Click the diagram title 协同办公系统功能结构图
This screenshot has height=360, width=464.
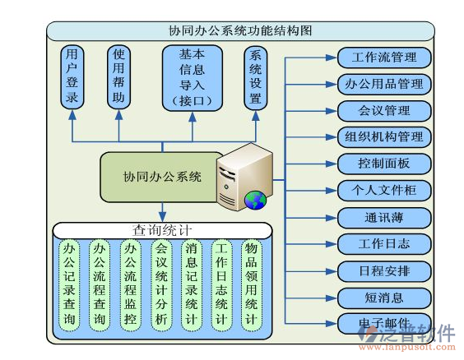click(239, 30)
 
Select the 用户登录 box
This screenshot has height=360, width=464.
click(72, 78)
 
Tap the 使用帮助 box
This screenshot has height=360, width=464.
click(119, 78)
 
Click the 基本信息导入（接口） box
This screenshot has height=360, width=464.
click(193, 78)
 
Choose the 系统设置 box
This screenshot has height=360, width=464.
click(256, 78)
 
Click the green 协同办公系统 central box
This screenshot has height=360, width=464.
click(162, 177)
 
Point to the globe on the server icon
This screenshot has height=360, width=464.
click(255, 199)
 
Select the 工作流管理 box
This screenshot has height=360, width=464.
click(383, 58)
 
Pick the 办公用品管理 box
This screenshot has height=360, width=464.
click(383, 84)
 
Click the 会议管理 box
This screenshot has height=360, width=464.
click(383, 110)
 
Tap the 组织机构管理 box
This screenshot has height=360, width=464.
click(383, 136)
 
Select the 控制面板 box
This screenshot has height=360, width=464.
click(383, 164)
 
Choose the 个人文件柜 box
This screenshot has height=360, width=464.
click(383, 190)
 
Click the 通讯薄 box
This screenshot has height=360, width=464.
click(383, 217)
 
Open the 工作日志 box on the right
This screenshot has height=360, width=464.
click(383, 243)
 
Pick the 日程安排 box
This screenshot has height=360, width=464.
click(383, 270)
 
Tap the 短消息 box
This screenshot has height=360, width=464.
click(383, 297)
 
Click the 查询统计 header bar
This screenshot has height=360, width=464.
click(162, 229)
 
